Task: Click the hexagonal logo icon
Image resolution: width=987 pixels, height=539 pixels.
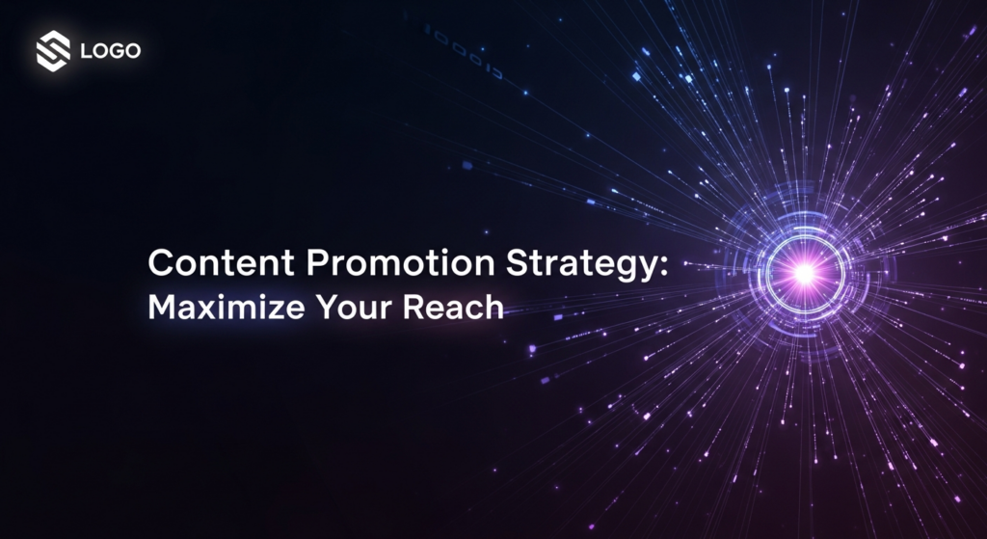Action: (x=54, y=50)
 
